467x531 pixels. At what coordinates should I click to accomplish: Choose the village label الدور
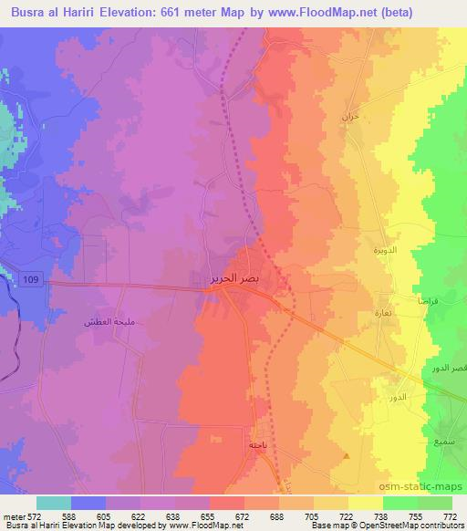point(396,400)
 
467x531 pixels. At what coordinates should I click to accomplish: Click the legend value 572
point(36,516)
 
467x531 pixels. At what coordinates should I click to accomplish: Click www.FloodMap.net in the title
point(303,13)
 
